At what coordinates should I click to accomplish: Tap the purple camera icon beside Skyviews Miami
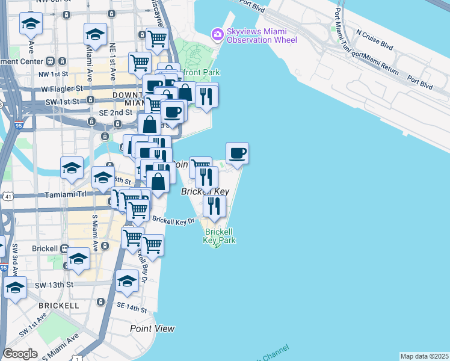pos(216,35)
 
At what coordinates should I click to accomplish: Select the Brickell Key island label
pos(205,191)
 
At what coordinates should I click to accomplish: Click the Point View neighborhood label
pos(152,329)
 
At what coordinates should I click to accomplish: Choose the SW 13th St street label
pos(54,285)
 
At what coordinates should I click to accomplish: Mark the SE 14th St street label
pos(132,307)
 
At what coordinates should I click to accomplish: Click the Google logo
pos(20,354)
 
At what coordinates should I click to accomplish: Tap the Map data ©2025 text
pos(424,356)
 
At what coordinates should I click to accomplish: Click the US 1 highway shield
pos(78,358)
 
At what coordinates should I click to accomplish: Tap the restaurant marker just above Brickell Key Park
pos(214,206)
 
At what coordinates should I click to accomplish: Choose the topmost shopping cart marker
pos(156,39)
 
